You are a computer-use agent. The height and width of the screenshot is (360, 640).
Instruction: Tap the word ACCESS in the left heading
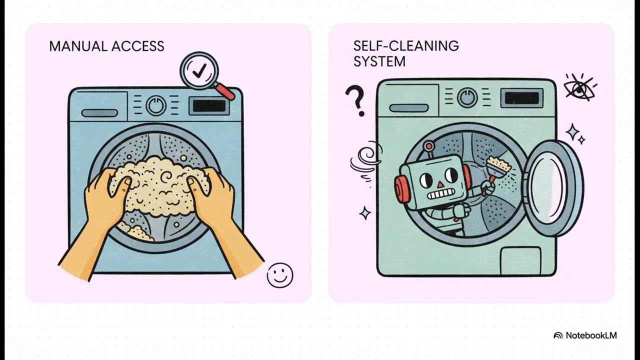(x=138, y=46)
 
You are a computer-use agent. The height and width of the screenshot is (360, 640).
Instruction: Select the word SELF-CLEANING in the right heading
(x=406, y=45)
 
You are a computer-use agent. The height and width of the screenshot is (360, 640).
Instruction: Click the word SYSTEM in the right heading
(x=379, y=61)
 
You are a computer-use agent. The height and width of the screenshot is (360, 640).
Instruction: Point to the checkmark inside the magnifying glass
(x=199, y=71)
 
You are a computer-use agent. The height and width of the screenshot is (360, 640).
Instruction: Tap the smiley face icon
(x=280, y=275)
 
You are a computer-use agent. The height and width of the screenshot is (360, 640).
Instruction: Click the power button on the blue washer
(x=156, y=105)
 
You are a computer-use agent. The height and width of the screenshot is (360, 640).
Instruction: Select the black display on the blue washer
(x=209, y=106)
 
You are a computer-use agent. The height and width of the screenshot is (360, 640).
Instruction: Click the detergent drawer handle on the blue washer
(x=99, y=113)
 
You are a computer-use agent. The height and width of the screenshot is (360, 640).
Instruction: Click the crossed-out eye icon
(x=579, y=88)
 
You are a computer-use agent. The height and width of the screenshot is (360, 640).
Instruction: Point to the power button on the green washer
(x=467, y=97)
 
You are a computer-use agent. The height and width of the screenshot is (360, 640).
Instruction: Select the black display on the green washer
(x=521, y=98)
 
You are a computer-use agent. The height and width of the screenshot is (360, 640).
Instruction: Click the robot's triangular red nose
(x=441, y=184)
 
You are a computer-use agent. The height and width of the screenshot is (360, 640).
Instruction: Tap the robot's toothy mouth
(x=440, y=195)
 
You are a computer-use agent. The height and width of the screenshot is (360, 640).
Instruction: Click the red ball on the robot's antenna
(x=429, y=145)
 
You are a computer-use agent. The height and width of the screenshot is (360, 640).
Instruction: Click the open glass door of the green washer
(x=552, y=188)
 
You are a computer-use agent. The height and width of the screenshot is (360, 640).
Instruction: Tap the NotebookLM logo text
(x=591, y=335)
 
